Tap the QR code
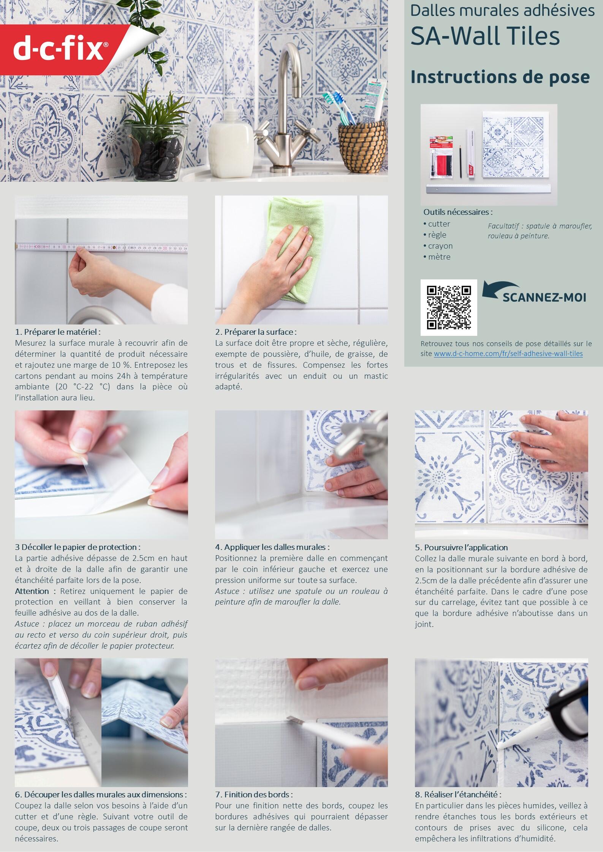[449, 307]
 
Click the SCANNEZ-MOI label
[544, 297]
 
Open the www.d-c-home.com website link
[508, 354]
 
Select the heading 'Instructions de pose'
[500, 77]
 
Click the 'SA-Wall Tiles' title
[485, 36]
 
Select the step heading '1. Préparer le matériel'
[58, 332]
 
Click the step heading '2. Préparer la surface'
[255, 332]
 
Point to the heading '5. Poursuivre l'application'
[461, 547]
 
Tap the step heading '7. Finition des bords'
[254, 784]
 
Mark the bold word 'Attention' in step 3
[32, 591]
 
